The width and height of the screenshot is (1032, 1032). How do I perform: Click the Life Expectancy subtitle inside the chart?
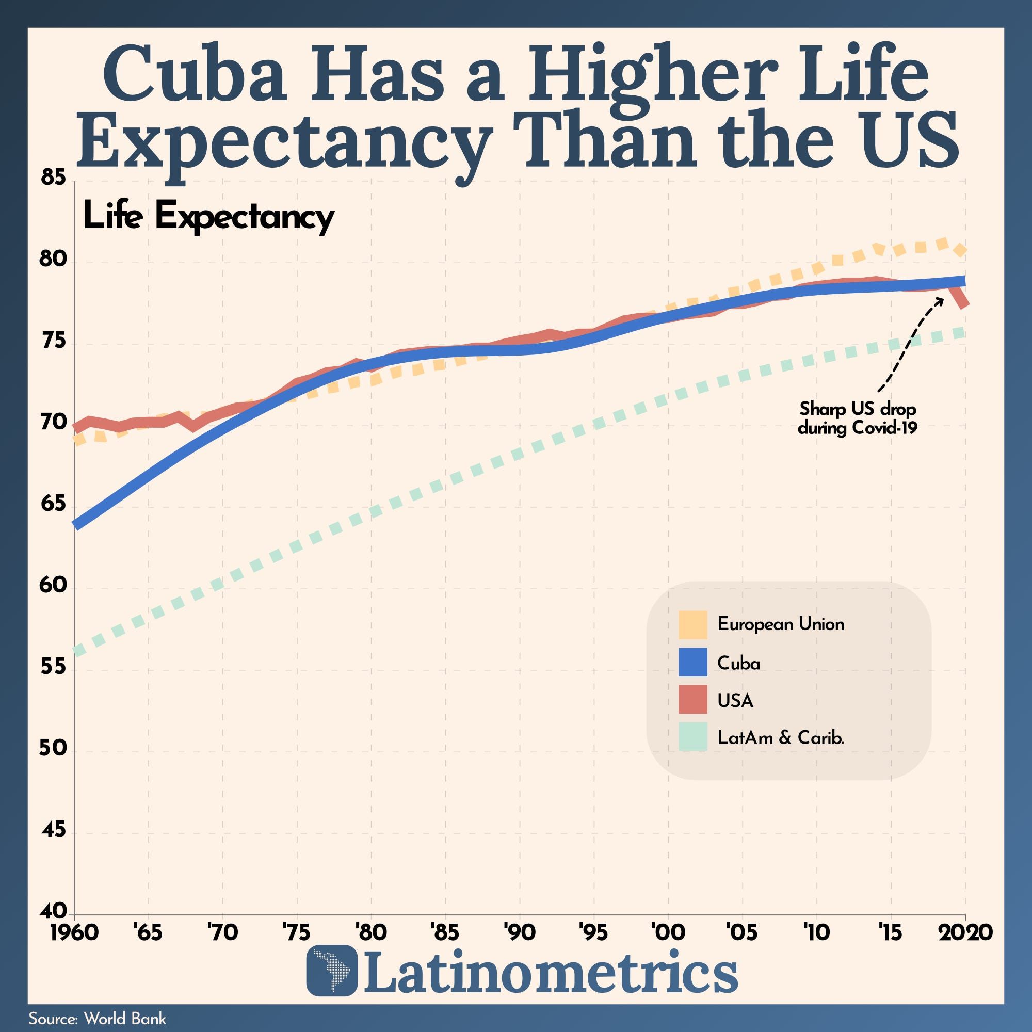pyautogui.click(x=208, y=217)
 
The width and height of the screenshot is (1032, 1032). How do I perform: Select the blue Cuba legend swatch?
pyautogui.click(x=693, y=662)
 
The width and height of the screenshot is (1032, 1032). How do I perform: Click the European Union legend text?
pyautogui.click(x=780, y=624)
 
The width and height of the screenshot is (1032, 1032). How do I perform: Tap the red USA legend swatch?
pyautogui.click(x=693, y=699)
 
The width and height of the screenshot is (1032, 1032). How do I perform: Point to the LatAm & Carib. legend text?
pyautogui.click(x=780, y=738)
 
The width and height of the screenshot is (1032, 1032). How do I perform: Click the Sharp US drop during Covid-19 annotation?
pyautogui.click(x=857, y=418)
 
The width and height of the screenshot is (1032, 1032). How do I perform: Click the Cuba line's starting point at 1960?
pyautogui.click(x=76, y=526)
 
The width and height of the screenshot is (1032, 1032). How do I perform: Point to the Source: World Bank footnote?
pyautogui.click(x=97, y=1019)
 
